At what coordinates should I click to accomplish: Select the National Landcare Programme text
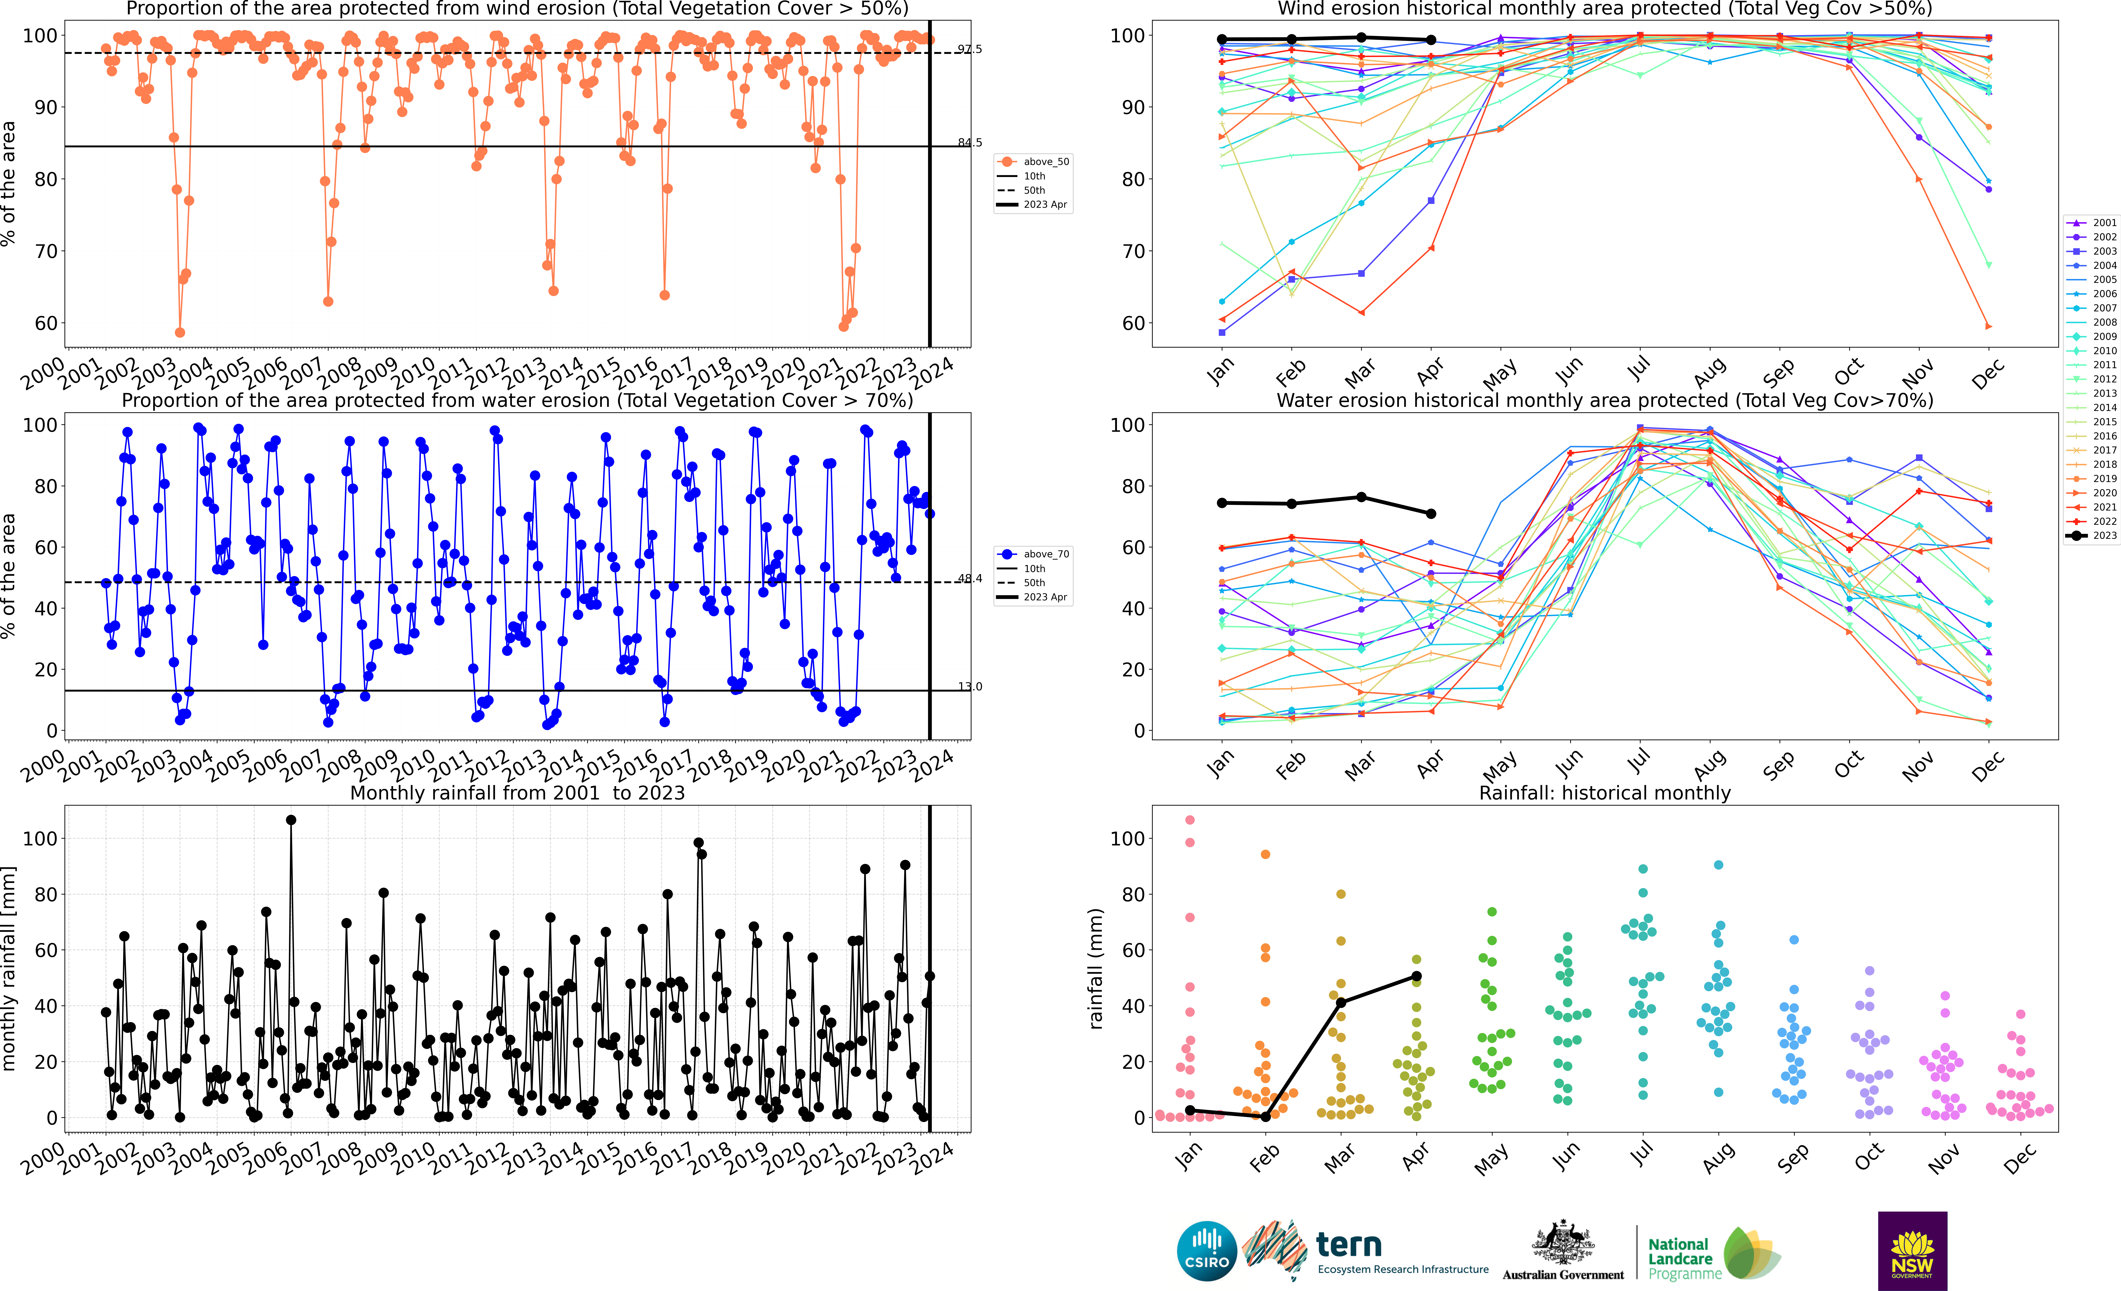tap(1684, 1258)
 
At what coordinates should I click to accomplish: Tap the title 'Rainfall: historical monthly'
tap(1605, 793)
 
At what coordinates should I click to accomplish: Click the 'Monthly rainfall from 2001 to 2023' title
tap(517, 793)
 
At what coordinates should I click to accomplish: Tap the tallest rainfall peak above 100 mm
tap(291, 820)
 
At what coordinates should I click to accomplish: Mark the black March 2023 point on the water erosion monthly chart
tap(1361, 497)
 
